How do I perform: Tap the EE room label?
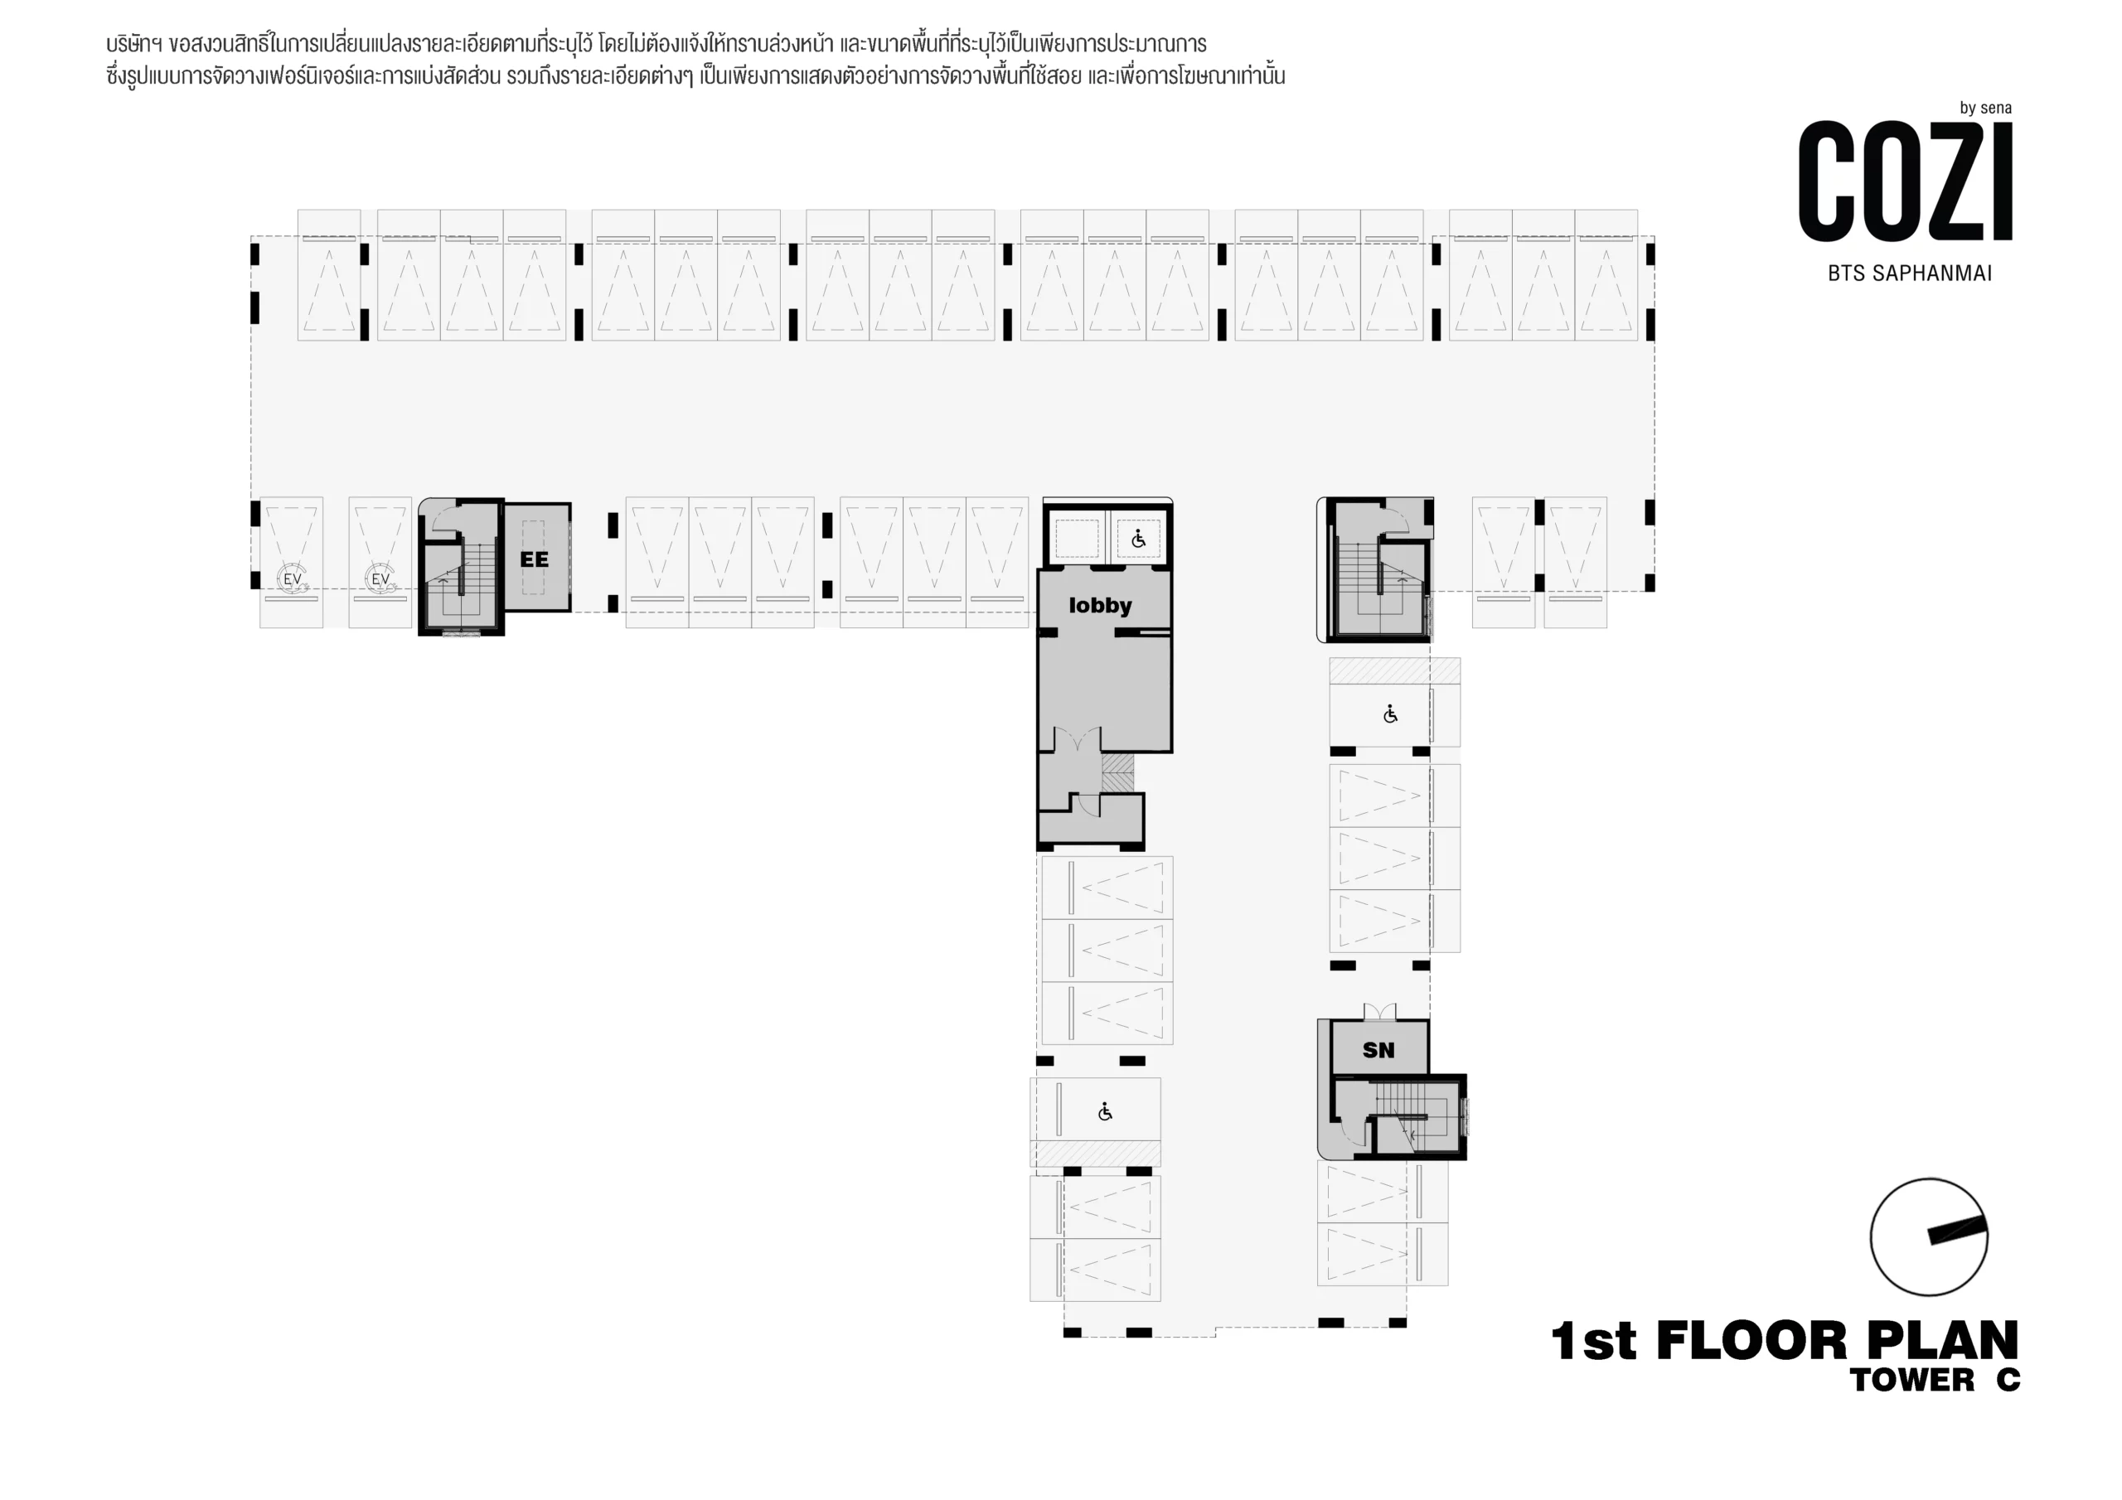coord(534,560)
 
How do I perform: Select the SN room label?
coord(1378,1050)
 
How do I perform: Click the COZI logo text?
coord(1906,181)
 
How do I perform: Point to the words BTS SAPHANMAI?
coord(1910,273)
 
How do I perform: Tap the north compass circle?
coord(1929,1236)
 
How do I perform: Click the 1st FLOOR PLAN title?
coord(1785,1342)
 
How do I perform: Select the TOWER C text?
coord(1935,1381)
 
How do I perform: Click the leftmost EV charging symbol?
coord(292,579)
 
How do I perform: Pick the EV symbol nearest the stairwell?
coord(380,579)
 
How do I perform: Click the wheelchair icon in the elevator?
coord(1139,539)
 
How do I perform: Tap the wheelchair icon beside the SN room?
coord(1106,1112)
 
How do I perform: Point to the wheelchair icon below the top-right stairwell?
coord(1390,714)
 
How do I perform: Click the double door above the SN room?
coord(1379,1011)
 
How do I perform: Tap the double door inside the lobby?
coord(1078,739)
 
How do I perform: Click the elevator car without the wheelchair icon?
coord(1077,539)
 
